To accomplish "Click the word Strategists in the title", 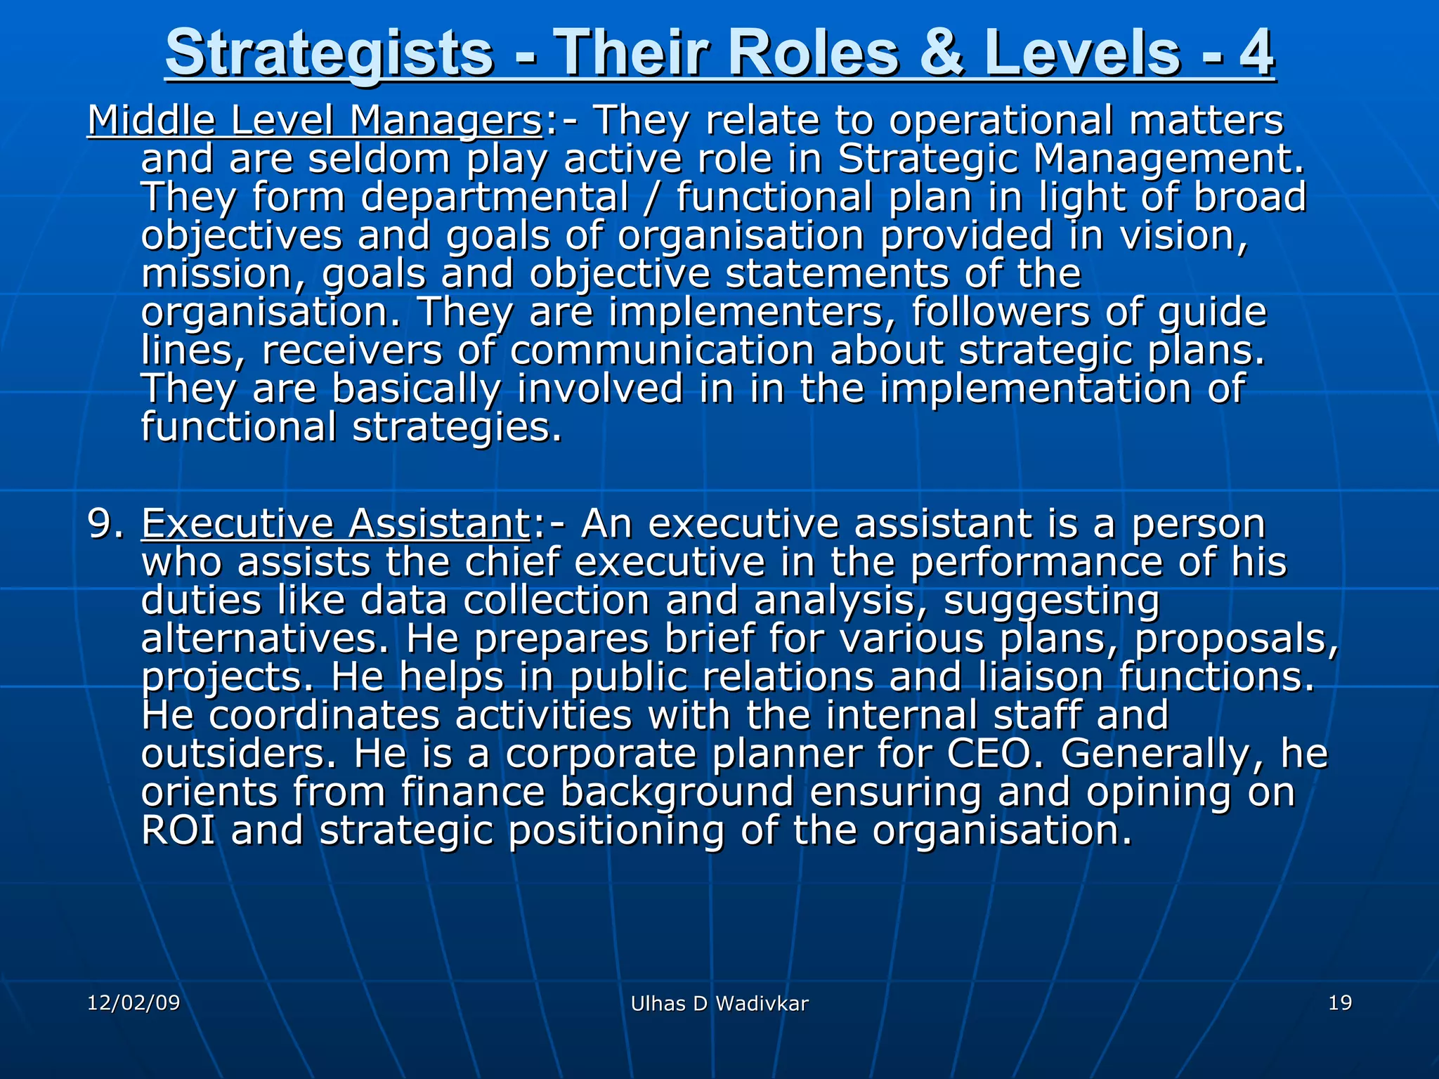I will [329, 53].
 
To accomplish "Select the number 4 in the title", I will [1255, 53].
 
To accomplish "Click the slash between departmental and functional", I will [653, 197].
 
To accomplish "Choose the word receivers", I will [352, 351].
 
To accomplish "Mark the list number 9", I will [105, 524].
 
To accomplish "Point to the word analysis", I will [835, 601].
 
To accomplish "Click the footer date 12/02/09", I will [134, 1003].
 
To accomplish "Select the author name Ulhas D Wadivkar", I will [719, 1005].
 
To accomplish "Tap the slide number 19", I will [1340, 1003].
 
